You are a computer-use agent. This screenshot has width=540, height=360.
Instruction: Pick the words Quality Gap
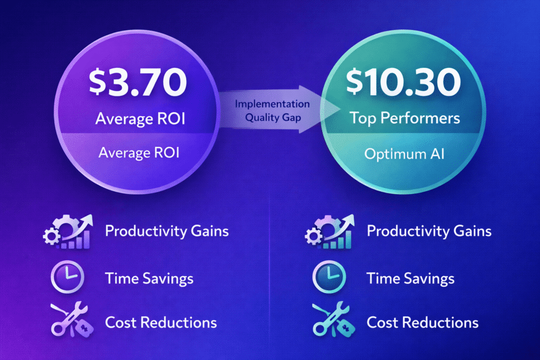click(273, 118)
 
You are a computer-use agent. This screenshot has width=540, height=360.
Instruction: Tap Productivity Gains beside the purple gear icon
click(167, 231)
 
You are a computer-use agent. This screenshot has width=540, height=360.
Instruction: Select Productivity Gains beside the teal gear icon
click(429, 231)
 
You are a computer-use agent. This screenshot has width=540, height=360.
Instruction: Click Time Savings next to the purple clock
click(149, 277)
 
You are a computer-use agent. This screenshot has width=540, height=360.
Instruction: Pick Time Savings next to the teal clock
click(411, 277)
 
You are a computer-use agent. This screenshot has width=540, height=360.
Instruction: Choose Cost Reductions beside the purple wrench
click(161, 322)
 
